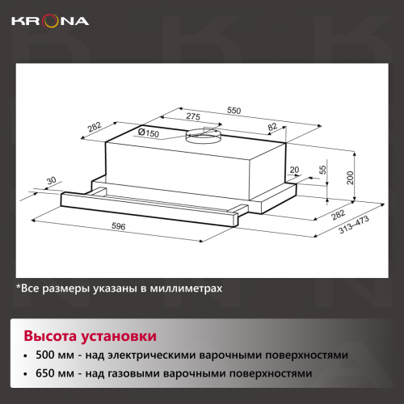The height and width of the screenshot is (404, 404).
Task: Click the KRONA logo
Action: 49,20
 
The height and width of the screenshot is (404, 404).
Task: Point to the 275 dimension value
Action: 192,118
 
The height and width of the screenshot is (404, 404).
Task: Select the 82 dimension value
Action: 272,127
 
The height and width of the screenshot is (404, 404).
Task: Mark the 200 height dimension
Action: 351,178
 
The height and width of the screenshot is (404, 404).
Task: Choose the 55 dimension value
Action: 323,170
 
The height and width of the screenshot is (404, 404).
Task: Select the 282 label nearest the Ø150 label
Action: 94,128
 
